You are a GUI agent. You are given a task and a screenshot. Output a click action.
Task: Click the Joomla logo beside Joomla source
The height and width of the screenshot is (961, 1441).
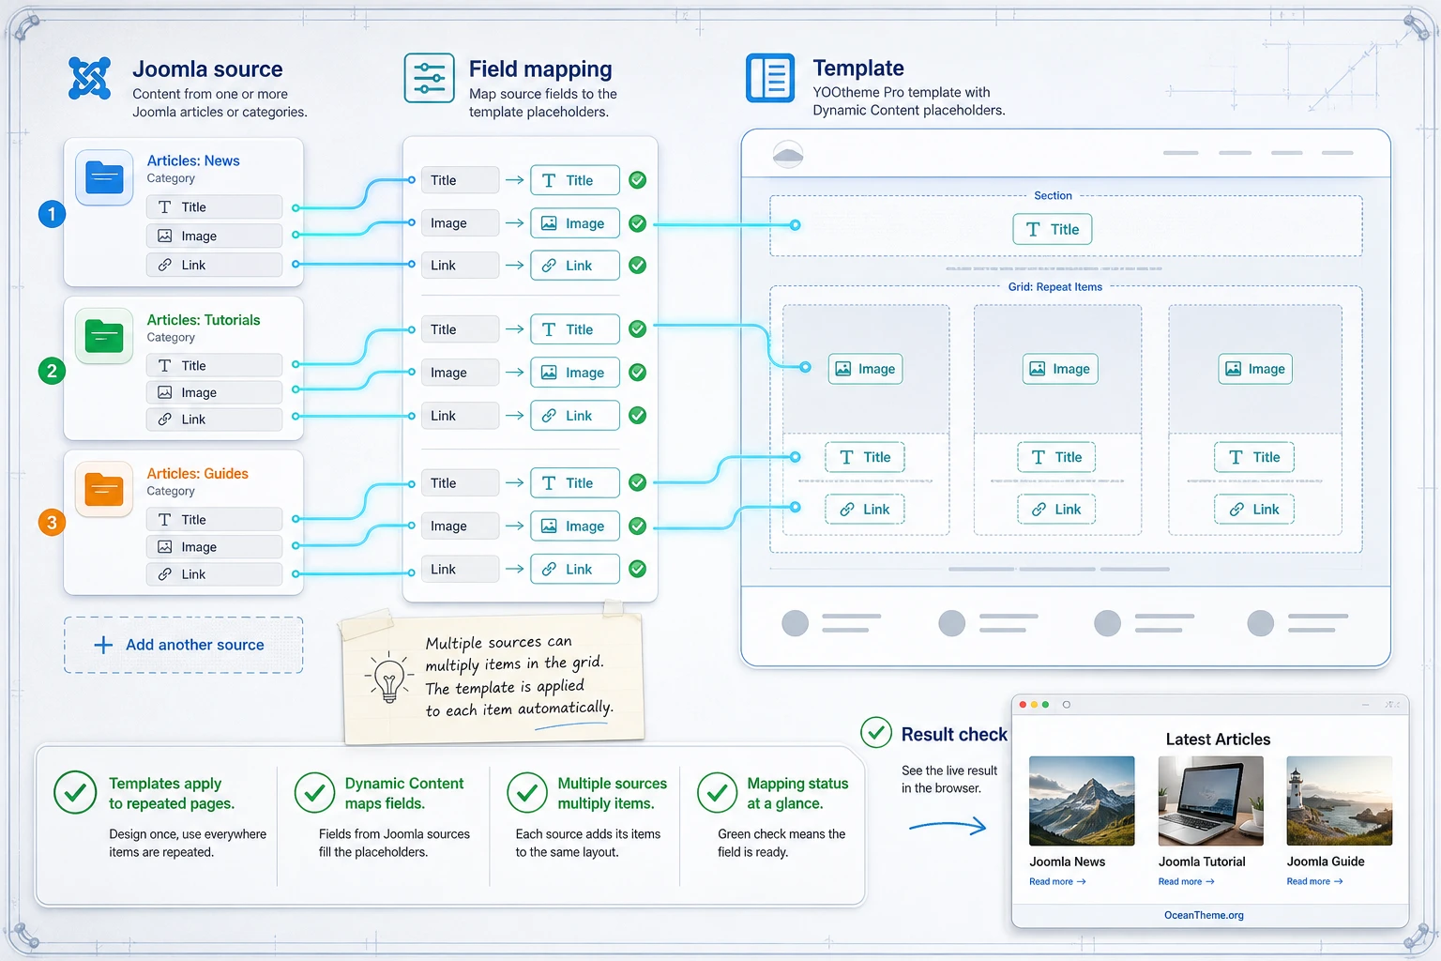coord(89,78)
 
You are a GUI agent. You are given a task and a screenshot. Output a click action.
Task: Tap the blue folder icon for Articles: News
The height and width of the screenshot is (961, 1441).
coord(104,177)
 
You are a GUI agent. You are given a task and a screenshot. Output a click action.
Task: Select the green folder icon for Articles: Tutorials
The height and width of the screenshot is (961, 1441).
coord(104,336)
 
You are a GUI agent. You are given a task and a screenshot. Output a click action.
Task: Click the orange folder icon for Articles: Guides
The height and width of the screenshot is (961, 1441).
coord(104,489)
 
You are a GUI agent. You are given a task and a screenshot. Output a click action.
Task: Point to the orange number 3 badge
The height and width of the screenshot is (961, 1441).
coord(53,522)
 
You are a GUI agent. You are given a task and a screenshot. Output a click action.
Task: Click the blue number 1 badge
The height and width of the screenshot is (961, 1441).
coord(53,214)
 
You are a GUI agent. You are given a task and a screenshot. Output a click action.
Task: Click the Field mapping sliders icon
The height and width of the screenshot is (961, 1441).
coord(429,78)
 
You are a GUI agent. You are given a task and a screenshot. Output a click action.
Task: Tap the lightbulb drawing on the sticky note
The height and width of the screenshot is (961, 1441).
coord(388,678)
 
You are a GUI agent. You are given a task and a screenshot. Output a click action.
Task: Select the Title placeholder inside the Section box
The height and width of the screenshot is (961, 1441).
coord(1053,229)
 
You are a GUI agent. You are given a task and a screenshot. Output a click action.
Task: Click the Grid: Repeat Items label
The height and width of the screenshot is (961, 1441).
coord(1055,286)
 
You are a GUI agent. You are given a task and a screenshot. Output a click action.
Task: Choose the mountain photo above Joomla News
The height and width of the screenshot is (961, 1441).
coord(1082,801)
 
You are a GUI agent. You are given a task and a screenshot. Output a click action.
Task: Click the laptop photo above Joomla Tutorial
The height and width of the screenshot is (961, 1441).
coord(1211,801)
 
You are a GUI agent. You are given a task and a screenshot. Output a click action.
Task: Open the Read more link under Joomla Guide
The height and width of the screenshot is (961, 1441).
coord(1314,881)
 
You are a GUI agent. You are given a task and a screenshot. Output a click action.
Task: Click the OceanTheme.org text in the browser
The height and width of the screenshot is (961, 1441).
coord(1204,915)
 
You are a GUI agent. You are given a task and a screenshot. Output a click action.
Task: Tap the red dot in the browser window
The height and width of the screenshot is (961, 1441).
coord(1023,705)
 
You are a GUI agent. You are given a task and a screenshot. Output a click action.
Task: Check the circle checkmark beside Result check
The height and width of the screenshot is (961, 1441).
coord(876,733)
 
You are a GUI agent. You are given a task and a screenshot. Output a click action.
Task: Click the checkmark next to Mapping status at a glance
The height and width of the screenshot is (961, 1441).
coord(718,792)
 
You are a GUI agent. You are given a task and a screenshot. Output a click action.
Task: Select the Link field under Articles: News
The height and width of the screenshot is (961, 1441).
coord(214,265)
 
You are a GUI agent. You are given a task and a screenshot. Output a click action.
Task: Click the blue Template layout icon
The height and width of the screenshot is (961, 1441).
coord(770,78)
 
